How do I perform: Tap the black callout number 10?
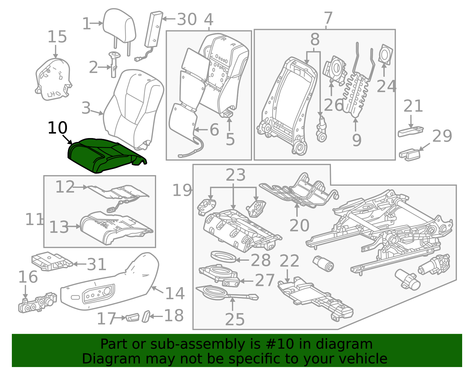point(57,128)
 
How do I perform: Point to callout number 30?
point(187,20)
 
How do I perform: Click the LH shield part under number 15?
point(53,79)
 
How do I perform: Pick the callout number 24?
point(386,86)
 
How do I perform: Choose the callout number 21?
point(413,106)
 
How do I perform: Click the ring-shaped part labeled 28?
point(223,257)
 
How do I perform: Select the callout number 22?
point(289,261)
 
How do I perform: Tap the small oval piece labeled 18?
point(146,316)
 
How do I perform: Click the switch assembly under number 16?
point(37,303)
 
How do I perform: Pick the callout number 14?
point(175,294)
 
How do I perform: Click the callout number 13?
point(59,227)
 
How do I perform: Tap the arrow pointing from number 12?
point(80,187)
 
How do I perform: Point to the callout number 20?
point(299,225)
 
